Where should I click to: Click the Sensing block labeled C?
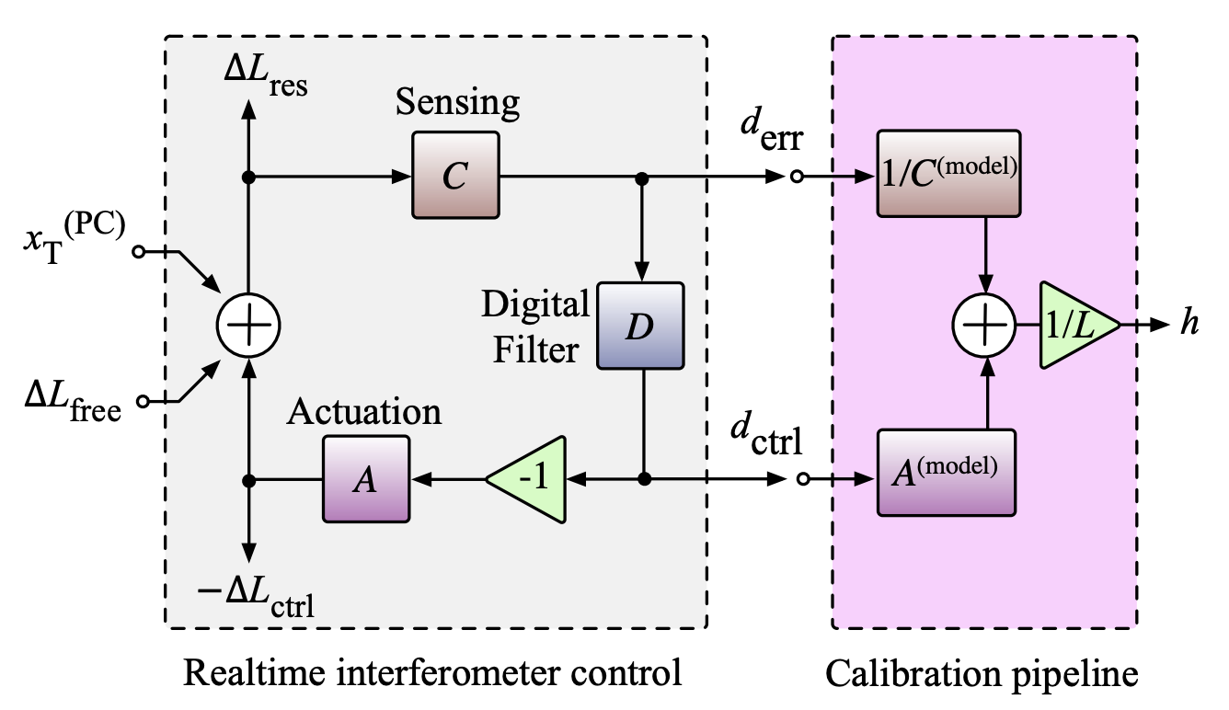pos(454,175)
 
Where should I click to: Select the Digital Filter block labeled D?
pos(641,327)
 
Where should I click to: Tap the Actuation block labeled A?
pos(365,478)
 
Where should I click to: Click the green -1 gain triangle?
pos(529,479)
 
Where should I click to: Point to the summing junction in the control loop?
pos(247,325)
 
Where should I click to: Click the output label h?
pos(1189,324)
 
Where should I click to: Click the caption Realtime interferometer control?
pos(432,673)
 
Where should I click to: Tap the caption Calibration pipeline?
pos(982,673)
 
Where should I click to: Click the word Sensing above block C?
pos(457,103)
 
